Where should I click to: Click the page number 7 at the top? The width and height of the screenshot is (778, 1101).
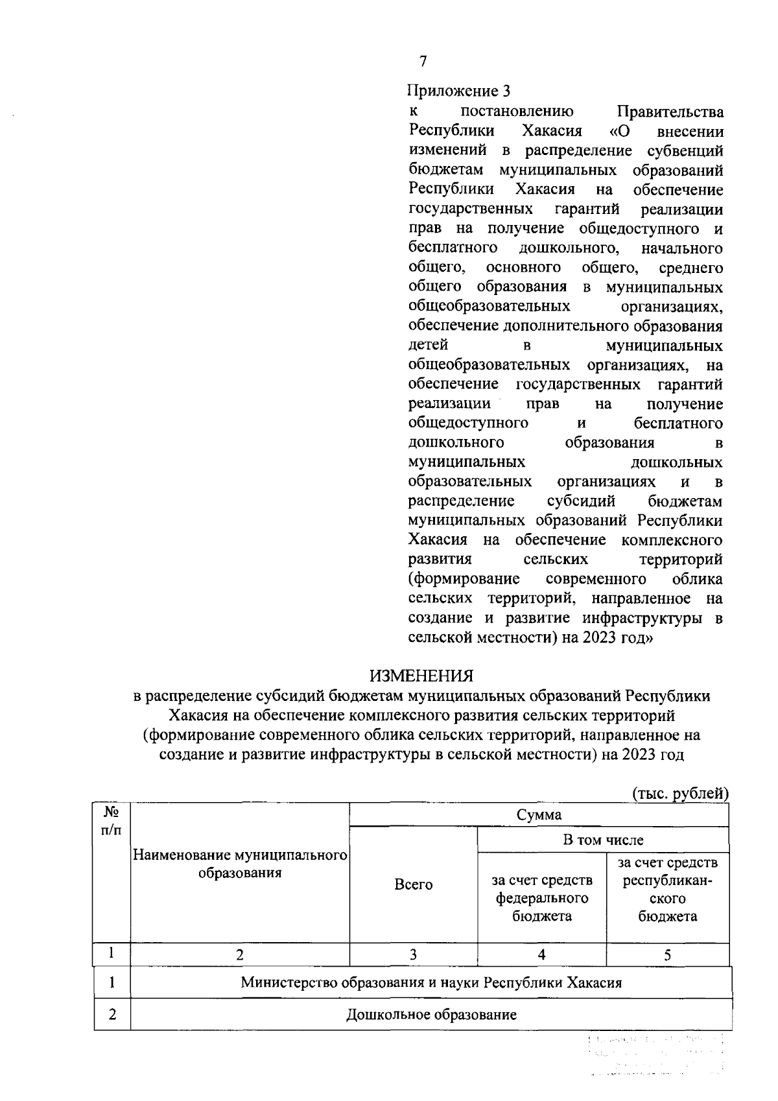pos(423,62)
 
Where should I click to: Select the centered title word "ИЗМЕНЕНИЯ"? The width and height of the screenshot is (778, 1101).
pos(421,676)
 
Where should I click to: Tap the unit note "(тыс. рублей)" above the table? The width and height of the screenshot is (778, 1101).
pos(680,793)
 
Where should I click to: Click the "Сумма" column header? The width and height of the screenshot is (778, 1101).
pos(539,814)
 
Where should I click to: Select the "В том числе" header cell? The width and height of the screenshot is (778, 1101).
pos(603,840)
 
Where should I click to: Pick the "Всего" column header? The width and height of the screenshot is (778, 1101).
pos(414,884)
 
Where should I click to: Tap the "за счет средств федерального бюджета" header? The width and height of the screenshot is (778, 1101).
pos(542,898)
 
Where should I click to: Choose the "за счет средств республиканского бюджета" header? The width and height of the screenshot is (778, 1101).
pos(668,890)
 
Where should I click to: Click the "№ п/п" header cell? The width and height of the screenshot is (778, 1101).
pos(112,820)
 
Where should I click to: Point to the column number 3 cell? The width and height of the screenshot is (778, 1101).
pos(413,954)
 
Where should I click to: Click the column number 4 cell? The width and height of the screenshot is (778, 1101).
pos(541,954)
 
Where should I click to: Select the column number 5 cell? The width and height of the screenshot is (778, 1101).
pos(667,954)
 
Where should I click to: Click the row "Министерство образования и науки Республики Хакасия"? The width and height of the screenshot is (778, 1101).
pos(431,982)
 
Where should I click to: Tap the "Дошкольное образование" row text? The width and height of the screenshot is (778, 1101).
pos(431,1014)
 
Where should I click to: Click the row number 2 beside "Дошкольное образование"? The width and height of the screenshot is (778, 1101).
pos(112,1014)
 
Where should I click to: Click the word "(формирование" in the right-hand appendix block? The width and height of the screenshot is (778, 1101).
pos(464,578)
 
